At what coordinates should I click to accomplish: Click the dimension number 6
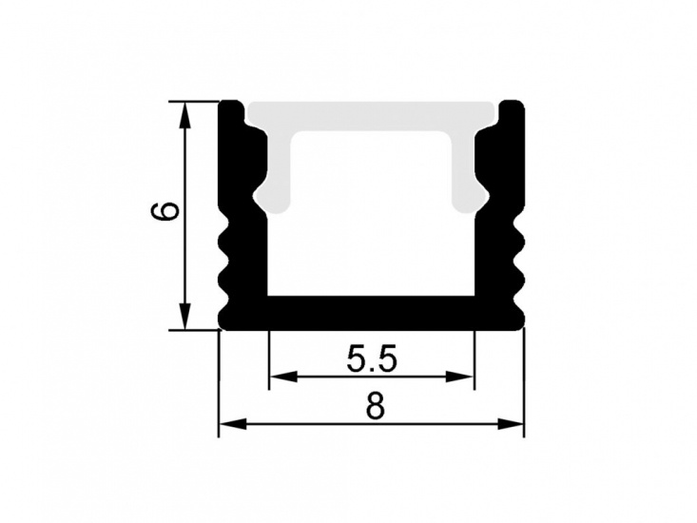click(165, 210)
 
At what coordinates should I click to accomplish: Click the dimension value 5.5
click(371, 358)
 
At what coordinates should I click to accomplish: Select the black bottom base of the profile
click(372, 312)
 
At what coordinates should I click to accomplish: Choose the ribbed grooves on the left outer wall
click(229, 266)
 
